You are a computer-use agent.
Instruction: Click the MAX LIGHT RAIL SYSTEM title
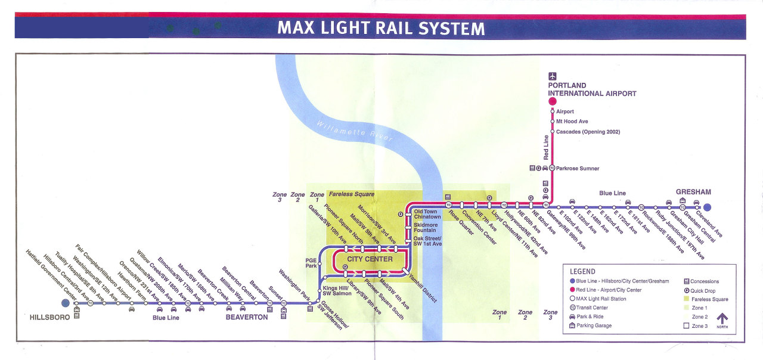381,28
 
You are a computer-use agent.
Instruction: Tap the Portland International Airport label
592,89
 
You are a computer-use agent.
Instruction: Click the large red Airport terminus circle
553,102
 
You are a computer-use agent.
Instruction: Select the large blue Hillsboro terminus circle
66,303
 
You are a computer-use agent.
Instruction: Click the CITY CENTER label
370,259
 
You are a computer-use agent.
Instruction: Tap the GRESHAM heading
693,192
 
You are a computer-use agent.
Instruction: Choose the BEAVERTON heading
247,318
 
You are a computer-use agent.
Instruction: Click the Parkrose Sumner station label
578,169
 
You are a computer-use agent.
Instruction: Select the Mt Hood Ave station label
572,122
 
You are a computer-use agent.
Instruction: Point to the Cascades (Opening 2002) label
588,132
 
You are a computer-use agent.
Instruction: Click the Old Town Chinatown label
427,214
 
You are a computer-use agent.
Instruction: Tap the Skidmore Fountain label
426,228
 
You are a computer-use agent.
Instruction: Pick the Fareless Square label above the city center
352,194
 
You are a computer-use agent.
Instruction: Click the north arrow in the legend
722,321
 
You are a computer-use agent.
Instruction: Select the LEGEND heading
582,271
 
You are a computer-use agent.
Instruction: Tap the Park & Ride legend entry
594,316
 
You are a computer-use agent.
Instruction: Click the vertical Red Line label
546,147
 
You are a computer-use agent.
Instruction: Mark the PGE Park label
311,263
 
